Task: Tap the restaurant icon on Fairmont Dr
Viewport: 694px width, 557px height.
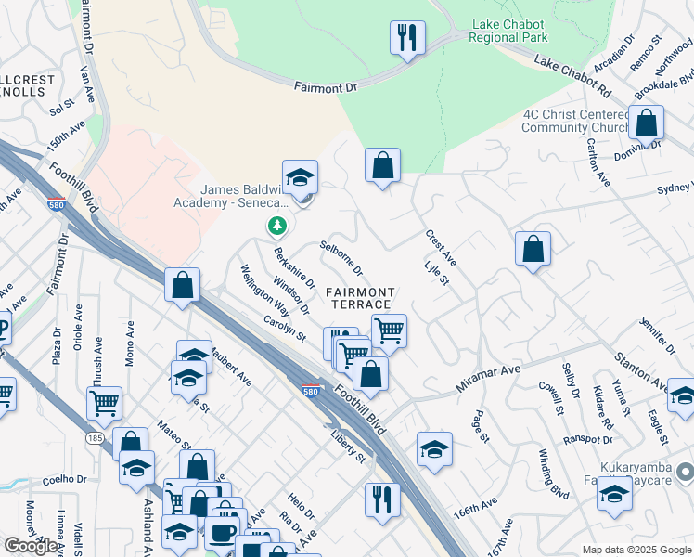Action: pyautogui.click(x=407, y=38)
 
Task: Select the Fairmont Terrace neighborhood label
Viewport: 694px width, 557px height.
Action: pyautogui.click(x=360, y=299)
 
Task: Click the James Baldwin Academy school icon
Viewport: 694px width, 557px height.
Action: pyautogui.click(x=300, y=176)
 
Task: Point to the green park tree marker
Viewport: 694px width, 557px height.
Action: pyautogui.click(x=276, y=225)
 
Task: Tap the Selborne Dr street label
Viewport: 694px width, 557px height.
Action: pyautogui.click(x=341, y=257)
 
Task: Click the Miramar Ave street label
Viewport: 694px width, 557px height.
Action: pyautogui.click(x=487, y=376)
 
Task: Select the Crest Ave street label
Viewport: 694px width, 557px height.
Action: pyautogui.click(x=440, y=246)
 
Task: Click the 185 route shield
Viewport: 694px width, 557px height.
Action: pyautogui.click(x=96, y=435)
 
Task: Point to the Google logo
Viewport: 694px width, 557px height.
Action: pyautogui.click(x=31, y=546)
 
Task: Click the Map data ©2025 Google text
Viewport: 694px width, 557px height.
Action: pyautogui.click(x=636, y=550)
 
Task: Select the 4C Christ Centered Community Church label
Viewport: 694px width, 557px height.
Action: pyautogui.click(x=575, y=121)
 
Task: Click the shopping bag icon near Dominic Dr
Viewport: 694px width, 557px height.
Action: pyautogui.click(x=646, y=122)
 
